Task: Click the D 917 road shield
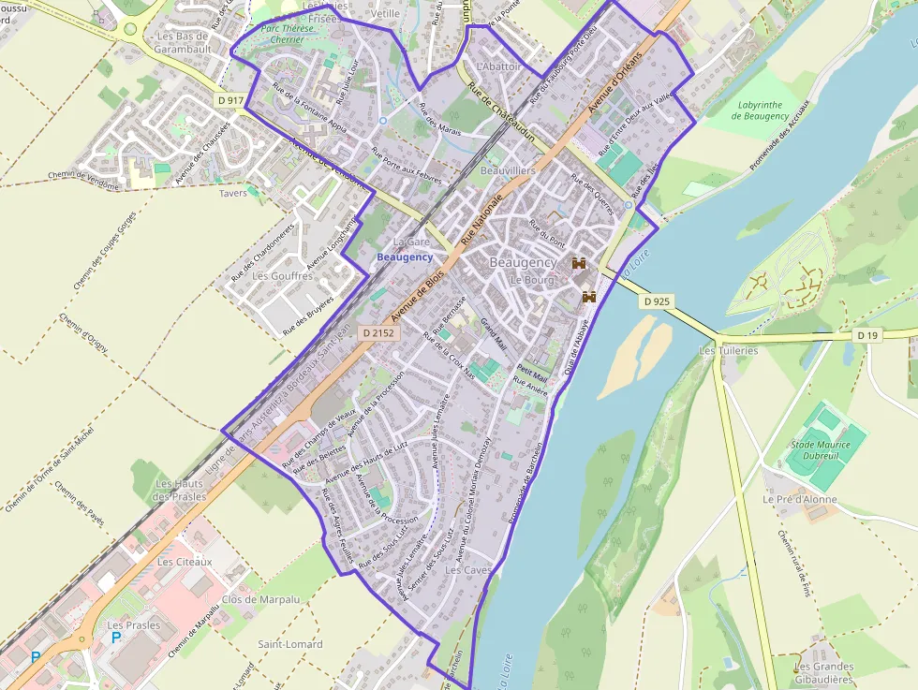229,98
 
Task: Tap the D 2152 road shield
379,332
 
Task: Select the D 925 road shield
658,301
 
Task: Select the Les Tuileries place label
728,351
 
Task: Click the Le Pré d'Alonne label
799,499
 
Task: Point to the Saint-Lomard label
290,644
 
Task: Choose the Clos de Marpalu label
260,599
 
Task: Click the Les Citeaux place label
185,562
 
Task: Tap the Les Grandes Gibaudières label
823,672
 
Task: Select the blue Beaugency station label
405,257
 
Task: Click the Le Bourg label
532,280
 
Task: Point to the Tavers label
232,194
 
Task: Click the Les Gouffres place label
283,276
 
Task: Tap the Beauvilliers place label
508,171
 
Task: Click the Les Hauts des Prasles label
178,490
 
